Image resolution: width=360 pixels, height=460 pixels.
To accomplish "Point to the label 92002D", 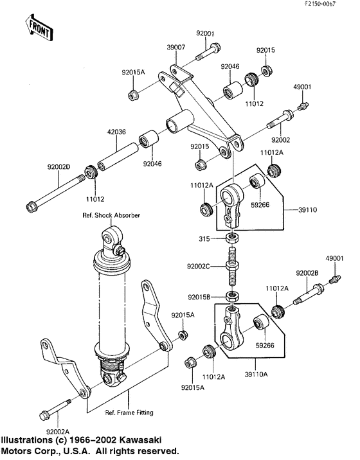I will [x=58, y=168].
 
